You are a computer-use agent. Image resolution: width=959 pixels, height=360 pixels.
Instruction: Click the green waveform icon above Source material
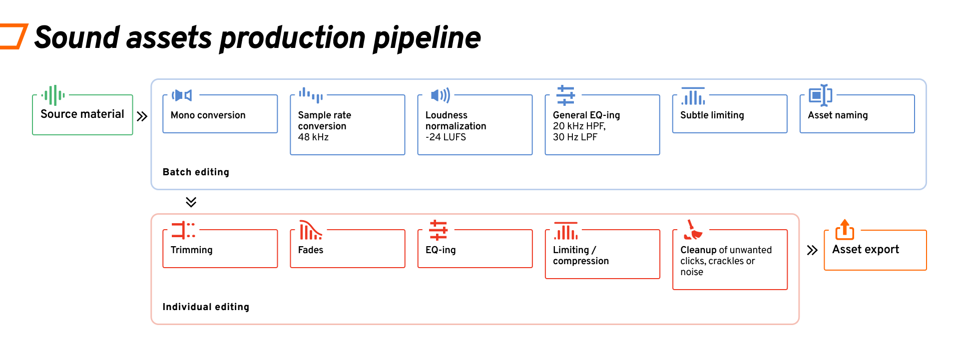click(53, 95)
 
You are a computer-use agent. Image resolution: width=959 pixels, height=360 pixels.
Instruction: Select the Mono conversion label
click(208, 115)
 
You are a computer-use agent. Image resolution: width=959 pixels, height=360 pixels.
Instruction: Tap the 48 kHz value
click(313, 137)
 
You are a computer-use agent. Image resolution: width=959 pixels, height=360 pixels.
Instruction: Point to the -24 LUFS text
click(446, 137)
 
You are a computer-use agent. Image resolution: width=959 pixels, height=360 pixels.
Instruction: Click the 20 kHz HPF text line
click(579, 126)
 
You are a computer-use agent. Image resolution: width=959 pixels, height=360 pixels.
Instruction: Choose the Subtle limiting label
click(712, 115)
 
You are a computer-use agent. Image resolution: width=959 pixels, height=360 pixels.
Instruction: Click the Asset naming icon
click(820, 95)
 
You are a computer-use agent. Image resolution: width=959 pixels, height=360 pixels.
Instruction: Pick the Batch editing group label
click(196, 172)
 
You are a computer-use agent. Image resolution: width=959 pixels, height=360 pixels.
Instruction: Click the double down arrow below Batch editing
click(191, 202)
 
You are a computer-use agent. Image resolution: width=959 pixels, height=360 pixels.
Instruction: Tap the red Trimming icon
click(183, 230)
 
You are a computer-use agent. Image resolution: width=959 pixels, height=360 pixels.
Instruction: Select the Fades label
click(311, 250)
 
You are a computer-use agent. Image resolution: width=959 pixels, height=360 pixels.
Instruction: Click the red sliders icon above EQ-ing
click(438, 230)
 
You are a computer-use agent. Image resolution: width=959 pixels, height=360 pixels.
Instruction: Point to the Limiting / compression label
click(581, 255)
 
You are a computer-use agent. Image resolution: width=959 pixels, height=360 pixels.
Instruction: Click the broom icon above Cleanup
click(693, 230)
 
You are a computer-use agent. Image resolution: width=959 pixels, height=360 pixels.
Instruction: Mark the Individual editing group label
click(206, 307)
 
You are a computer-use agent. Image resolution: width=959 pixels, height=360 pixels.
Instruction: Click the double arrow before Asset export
click(812, 250)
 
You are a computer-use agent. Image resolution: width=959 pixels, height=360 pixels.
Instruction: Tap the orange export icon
click(845, 230)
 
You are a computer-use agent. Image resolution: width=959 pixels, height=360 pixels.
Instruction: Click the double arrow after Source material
click(142, 116)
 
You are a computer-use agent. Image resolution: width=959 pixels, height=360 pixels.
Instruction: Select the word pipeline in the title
click(427, 38)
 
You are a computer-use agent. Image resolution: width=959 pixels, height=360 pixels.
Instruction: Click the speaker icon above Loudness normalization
click(441, 95)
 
